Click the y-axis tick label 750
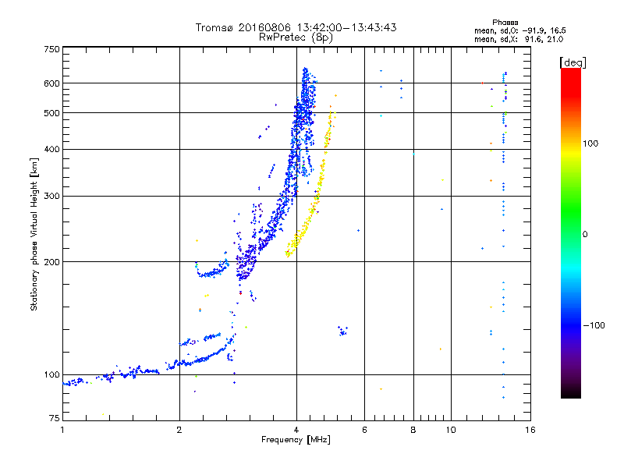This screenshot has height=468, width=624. tap(51, 48)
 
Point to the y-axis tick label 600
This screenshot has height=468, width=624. tap(51, 83)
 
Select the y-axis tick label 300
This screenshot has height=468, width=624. tap(51, 196)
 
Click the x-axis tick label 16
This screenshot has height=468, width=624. tap(530, 430)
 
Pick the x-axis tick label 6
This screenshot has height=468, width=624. tap(364, 430)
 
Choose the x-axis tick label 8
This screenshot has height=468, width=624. tap(413, 430)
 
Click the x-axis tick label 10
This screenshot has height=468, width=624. tap(450, 430)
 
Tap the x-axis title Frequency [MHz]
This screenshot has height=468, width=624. tap(296, 441)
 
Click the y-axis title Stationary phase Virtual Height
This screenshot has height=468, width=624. tap(34, 234)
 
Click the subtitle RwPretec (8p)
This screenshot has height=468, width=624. tap(296, 37)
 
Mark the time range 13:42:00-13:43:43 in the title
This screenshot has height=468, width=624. tap(341, 28)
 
